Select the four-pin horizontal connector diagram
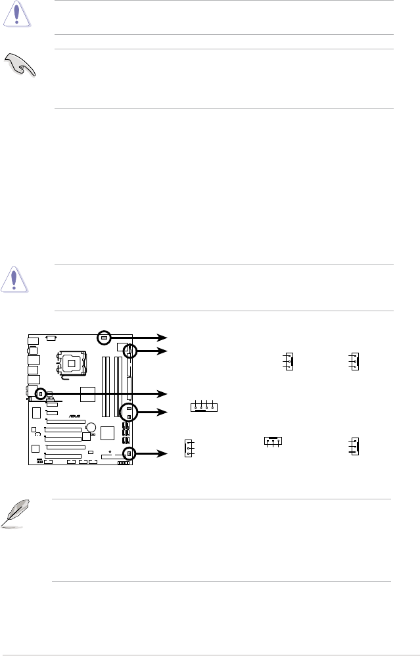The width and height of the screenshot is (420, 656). pyautogui.click(x=203, y=407)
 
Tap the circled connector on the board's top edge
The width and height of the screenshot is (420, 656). pyautogui.click(x=103, y=338)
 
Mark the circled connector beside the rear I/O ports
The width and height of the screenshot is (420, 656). pyautogui.click(x=41, y=393)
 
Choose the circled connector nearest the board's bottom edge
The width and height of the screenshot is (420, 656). pyautogui.click(x=129, y=453)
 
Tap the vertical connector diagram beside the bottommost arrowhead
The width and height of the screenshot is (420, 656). pyautogui.click(x=188, y=447)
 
